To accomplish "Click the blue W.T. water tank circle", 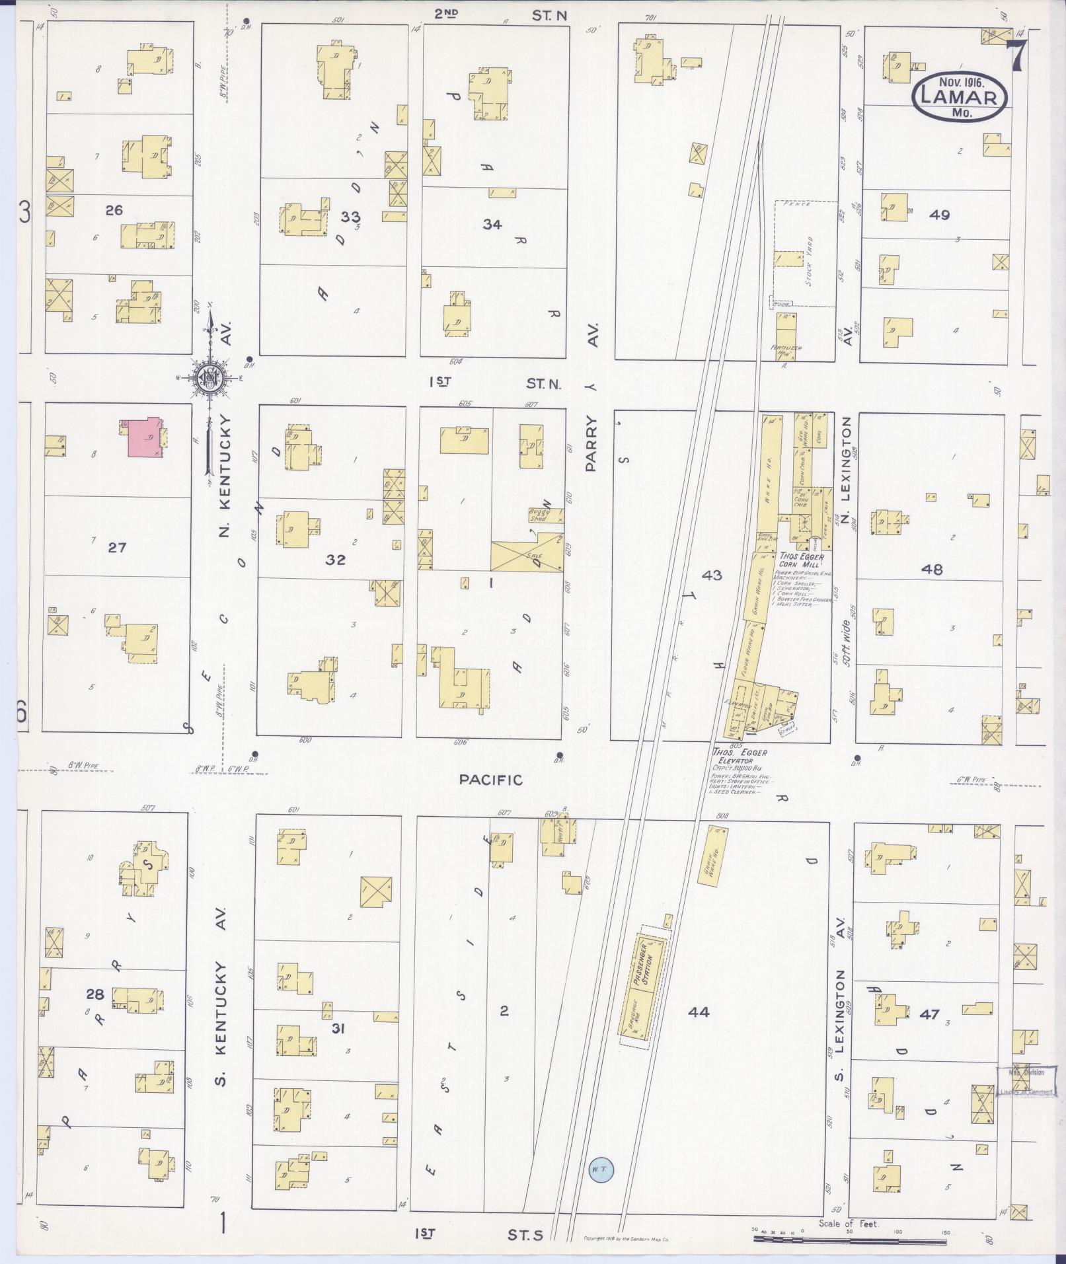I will pos(600,1169).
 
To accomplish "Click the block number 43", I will pos(712,575).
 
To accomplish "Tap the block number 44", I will pos(699,1011).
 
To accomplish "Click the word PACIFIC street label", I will pos(490,780).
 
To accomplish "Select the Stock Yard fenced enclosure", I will pos(802,253).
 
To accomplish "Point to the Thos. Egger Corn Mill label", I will pos(801,560).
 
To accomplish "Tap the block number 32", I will pos(335,560).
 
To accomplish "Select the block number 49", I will pos(938,214).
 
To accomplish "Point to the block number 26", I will pos(114,210).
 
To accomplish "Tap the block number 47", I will pos(929,1014).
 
